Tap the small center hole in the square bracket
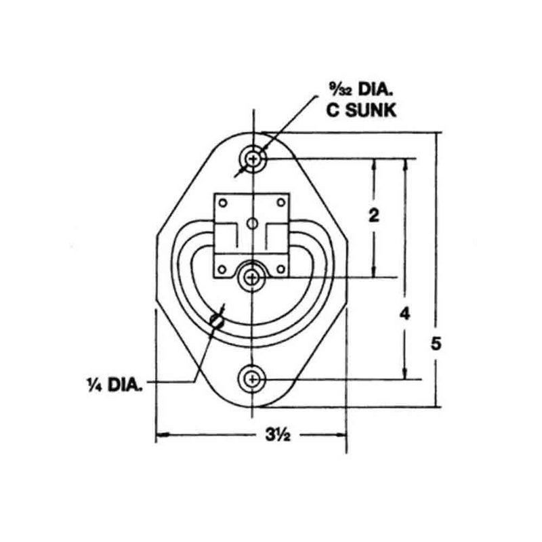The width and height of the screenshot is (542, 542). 252,223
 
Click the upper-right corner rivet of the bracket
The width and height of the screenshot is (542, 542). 280,201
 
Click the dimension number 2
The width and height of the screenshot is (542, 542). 373,216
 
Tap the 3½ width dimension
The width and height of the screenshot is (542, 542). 274,435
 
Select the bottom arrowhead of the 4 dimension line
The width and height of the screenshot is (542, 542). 405,375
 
